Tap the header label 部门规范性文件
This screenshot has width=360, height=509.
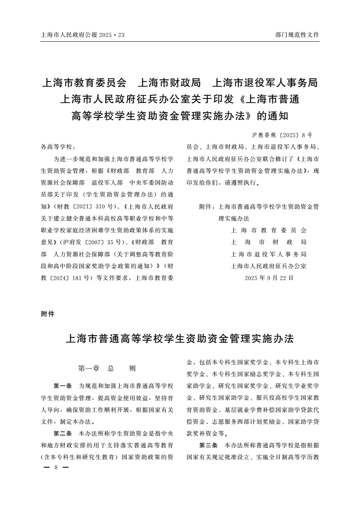click(x=297, y=34)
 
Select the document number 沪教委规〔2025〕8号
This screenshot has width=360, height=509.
click(x=281, y=135)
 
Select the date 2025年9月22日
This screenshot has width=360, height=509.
click(x=269, y=277)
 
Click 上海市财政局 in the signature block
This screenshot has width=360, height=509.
click(x=269, y=242)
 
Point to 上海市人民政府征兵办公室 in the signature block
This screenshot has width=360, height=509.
click(x=269, y=265)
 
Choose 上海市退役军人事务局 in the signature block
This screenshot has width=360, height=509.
click(x=269, y=254)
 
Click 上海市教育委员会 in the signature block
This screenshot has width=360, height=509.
click(x=269, y=230)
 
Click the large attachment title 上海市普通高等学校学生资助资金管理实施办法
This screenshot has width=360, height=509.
click(x=180, y=338)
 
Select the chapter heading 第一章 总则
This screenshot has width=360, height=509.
click(x=107, y=368)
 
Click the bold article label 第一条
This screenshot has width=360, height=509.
click(x=63, y=386)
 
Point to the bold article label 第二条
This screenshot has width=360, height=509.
click(x=63, y=433)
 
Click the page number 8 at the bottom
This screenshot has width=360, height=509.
click(x=55, y=467)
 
